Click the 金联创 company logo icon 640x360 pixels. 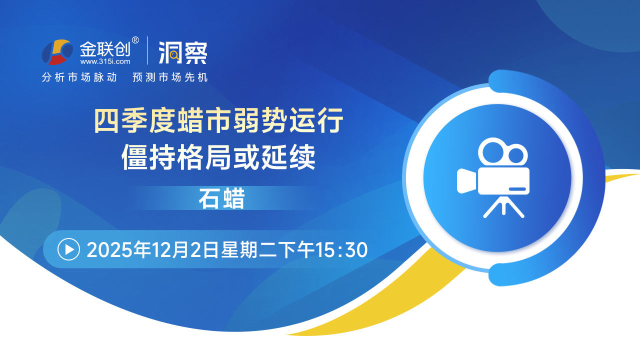click(x=57, y=51)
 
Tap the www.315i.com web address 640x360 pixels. click(x=105, y=61)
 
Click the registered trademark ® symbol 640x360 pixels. click(x=135, y=40)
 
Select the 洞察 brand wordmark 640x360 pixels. click(x=183, y=52)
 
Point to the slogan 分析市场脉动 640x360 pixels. click(x=79, y=77)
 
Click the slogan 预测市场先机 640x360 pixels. click(x=170, y=77)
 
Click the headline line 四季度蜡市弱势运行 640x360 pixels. click(x=218, y=120)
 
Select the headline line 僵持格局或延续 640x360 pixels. click(x=218, y=157)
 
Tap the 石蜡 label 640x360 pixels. click(x=221, y=198)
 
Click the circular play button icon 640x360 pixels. click(x=68, y=249)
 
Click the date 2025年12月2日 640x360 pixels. click(x=153, y=250)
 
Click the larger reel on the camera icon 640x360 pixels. click(x=492, y=152)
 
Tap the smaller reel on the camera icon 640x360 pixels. click(x=516, y=155)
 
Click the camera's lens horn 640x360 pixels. click(x=467, y=181)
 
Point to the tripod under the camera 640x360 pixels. click(x=503, y=206)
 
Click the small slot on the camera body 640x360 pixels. click(x=517, y=189)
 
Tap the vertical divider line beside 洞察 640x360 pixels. click(x=147, y=50)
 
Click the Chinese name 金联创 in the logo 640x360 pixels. click(x=105, y=49)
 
